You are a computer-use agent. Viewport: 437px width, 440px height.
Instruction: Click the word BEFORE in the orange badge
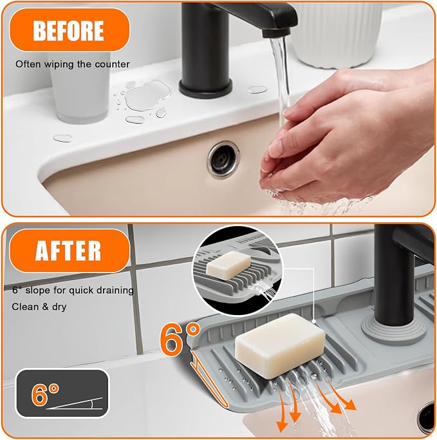point(68,30)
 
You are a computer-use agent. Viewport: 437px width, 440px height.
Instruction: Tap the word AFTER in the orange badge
point(68,251)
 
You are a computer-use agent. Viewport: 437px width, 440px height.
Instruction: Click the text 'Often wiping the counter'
point(72,64)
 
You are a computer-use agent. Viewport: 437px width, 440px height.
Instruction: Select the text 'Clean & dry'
point(39,307)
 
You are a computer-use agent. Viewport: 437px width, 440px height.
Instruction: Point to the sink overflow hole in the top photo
point(223,160)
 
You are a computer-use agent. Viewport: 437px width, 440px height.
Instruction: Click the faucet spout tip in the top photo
point(275,33)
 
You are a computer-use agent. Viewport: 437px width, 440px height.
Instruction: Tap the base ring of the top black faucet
point(206,88)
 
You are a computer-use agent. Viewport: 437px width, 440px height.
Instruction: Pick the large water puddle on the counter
point(148,95)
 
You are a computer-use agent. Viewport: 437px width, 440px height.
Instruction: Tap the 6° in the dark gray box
point(45,394)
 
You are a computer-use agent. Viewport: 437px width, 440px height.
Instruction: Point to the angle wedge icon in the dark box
point(74,403)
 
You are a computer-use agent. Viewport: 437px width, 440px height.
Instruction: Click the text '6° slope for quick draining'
point(73,290)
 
